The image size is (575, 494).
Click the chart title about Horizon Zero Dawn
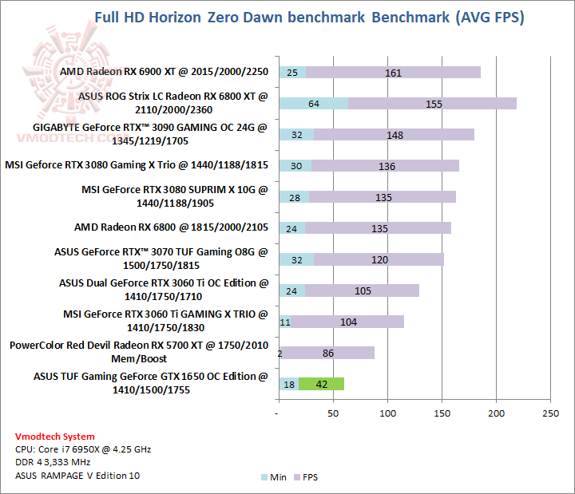[309, 18]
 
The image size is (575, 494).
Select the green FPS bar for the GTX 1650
[322, 384]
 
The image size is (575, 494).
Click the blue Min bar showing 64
[313, 104]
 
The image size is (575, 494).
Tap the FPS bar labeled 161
[393, 73]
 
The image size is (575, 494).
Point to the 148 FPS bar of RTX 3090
[395, 135]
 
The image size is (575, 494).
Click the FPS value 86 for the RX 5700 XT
[327, 353]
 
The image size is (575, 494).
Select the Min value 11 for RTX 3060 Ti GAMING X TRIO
[285, 322]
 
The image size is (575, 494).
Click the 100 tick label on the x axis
[387, 413]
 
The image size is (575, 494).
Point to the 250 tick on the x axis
[550, 413]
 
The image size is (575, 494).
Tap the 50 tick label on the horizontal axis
[332, 413]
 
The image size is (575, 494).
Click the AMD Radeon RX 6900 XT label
[165, 73]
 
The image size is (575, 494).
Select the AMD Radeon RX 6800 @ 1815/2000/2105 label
[172, 228]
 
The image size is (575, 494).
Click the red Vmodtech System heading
[55, 437]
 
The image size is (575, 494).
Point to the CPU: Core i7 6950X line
[83, 449]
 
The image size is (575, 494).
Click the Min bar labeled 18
[288, 384]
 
